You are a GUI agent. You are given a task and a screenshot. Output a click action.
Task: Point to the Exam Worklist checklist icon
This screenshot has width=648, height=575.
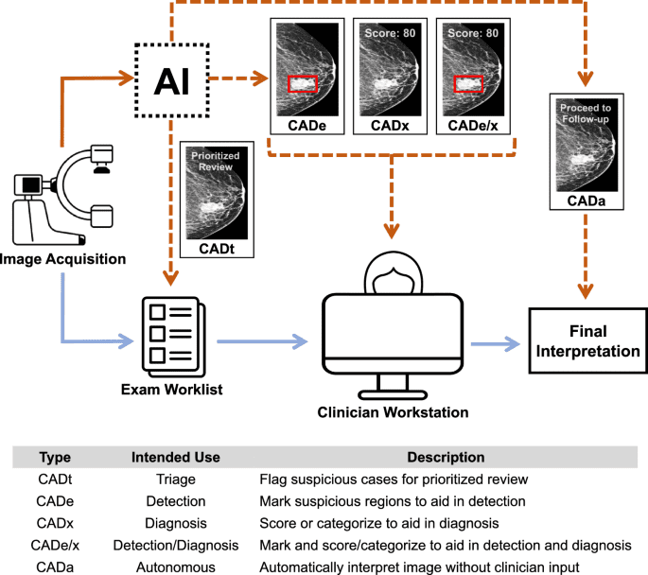tap(171, 332)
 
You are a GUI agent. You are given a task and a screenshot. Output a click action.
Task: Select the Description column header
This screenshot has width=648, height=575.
tap(446, 458)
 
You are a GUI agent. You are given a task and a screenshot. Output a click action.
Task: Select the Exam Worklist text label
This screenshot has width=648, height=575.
tap(171, 389)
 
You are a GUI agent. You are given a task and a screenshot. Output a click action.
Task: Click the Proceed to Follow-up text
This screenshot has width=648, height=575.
tap(587, 113)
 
